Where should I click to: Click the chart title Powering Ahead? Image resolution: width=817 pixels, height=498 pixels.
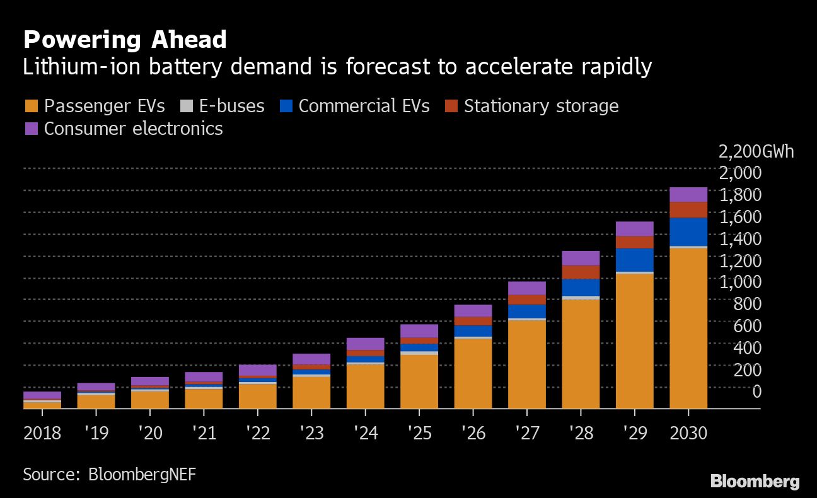coord(125,40)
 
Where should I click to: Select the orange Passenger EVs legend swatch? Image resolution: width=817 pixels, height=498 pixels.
coord(32,106)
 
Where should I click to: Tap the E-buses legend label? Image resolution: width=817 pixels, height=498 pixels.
coord(231,106)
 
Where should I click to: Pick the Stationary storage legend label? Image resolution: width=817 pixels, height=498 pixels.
coord(541,106)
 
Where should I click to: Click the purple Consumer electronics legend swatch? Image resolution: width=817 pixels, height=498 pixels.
coord(32,129)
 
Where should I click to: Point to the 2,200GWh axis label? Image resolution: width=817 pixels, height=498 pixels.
coord(756,152)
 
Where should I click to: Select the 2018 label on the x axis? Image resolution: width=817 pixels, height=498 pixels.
coord(42,434)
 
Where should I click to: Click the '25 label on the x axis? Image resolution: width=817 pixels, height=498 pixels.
coord(419,434)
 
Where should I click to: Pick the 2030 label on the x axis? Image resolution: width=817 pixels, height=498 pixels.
coord(688,434)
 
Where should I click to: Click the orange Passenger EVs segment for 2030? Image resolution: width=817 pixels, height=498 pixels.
coord(688,328)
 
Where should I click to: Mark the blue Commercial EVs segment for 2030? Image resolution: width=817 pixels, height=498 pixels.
coord(688,231)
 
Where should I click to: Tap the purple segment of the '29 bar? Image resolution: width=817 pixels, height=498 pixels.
coord(634,229)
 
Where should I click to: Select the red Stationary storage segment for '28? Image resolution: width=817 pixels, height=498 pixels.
coord(581,272)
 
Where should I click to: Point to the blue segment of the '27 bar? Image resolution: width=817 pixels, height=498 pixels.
coord(526,311)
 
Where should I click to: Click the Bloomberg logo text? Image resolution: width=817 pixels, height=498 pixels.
coord(755,482)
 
